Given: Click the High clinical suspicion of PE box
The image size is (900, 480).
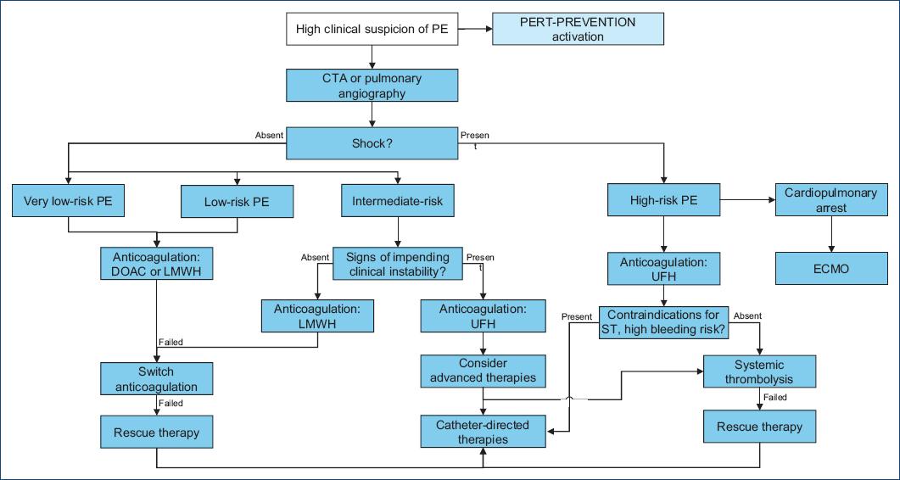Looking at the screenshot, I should (x=372, y=30).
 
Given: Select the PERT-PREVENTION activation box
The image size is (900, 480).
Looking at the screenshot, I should (x=578, y=30).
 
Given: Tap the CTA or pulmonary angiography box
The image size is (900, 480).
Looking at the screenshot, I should (x=372, y=86).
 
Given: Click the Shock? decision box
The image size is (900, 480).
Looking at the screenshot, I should (x=372, y=143).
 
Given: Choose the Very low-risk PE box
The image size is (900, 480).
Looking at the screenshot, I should (x=69, y=202).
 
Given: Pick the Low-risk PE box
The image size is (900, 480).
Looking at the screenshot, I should (x=237, y=202).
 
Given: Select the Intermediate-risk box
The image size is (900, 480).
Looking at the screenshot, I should (x=397, y=202).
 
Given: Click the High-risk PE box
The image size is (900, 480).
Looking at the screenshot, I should (x=663, y=202).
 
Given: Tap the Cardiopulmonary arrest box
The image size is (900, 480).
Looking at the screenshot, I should (x=830, y=200).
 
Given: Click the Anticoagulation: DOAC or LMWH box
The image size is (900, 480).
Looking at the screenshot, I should (x=156, y=264).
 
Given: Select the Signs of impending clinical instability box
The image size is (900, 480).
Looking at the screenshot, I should (x=398, y=264).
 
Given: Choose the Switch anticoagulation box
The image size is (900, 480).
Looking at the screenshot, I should (x=156, y=379).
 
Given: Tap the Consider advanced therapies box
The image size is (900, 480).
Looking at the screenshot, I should (x=483, y=370).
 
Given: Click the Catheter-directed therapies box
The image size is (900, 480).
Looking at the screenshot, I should (x=483, y=432).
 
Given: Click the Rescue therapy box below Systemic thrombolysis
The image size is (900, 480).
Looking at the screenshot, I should (x=759, y=427).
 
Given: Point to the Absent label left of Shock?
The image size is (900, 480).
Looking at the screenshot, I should (x=269, y=135).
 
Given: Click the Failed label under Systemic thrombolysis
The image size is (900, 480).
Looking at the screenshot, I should (x=774, y=397).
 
